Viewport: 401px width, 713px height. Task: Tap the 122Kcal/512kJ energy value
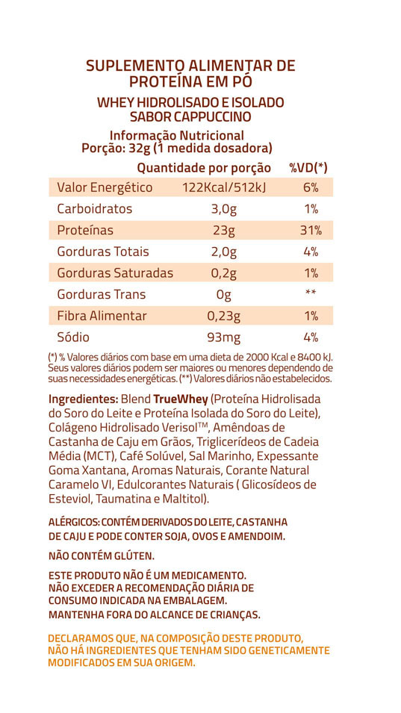(x=224, y=187)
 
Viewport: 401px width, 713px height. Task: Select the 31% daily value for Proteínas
(x=311, y=231)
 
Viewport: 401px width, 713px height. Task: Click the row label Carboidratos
(x=95, y=209)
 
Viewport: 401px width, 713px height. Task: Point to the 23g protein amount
(x=224, y=231)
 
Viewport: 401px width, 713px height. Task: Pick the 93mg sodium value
(x=223, y=338)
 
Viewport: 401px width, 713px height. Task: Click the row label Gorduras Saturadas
(x=115, y=273)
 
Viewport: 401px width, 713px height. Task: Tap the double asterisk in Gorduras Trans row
(x=311, y=293)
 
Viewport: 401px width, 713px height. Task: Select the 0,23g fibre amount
(x=223, y=317)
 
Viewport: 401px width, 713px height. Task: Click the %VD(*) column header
(x=308, y=168)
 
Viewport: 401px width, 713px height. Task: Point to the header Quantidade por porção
(x=204, y=169)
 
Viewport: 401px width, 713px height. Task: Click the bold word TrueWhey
(x=181, y=399)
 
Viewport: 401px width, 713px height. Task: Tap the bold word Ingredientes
(x=83, y=399)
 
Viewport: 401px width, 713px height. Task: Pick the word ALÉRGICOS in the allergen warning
(x=74, y=522)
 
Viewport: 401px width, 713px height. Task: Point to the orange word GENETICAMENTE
(x=287, y=650)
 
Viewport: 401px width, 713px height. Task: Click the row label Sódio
(x=73, y=337)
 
